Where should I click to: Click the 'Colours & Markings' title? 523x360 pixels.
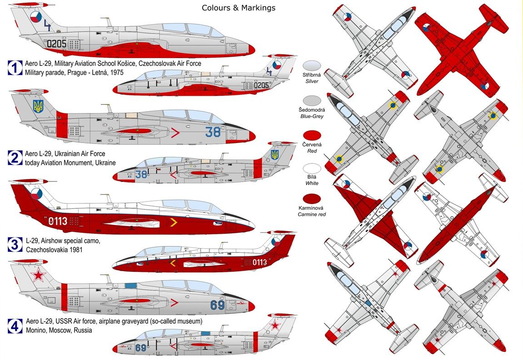[239, 8]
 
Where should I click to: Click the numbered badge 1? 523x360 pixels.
[15, 68]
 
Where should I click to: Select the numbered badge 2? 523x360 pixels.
[15, 158]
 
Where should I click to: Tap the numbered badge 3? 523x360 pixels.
[15, 245]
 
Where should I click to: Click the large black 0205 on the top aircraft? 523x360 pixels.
[57, 44]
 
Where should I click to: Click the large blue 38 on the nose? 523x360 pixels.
[212, 132]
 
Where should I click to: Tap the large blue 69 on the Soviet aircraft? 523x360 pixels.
[217, 305]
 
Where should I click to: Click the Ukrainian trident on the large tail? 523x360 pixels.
[38, 107]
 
